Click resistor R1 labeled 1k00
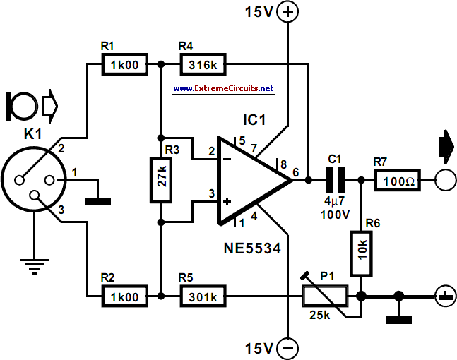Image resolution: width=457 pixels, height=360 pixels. [x=124, y=66]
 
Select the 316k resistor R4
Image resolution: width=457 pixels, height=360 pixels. [x=203, y=66]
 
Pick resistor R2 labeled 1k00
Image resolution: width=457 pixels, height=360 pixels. [x=124, y=295]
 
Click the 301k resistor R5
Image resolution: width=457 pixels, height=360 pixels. [x=203, y=295]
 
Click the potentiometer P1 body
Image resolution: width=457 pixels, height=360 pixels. [x=324, y=295]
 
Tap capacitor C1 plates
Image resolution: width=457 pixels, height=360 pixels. [x=336, y=181]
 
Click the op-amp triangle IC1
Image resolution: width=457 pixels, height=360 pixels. [x=251, y=181]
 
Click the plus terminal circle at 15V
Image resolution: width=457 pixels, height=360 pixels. [x=287, y=12]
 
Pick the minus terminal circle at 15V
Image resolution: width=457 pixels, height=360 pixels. [x=287, y=348]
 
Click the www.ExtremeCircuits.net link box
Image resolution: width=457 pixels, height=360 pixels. [x=222, y=89]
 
